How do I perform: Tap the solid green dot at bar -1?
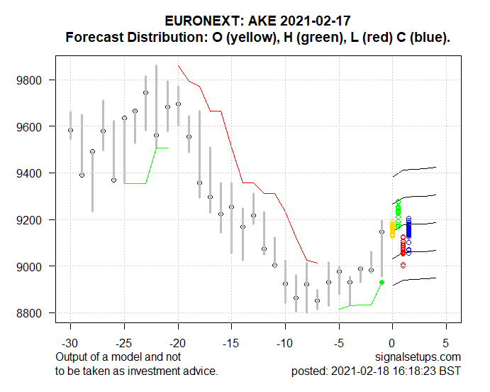tap(382, 282)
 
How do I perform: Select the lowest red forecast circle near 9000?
tap(403, 265)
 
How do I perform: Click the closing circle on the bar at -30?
tap(70, 130)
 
